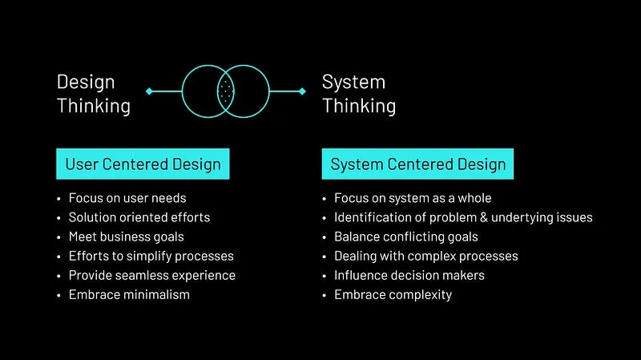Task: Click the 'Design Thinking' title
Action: click(x=93, y=94)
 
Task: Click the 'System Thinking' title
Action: click(x=358, y=94)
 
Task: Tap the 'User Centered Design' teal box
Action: click(x=143, y=164)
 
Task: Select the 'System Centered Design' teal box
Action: click(x=417, y=164)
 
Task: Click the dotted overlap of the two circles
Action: click(x=226, y=91)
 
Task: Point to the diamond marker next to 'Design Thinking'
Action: click(x=149, y=91)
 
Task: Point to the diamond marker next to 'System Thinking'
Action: click(x=302, y=91)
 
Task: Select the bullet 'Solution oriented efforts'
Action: click(x=139, y=217)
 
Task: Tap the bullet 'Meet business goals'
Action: click(x=126, y=237)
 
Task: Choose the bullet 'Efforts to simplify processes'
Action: click(x=151, y=256)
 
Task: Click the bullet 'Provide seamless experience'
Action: click(x=151, y=275)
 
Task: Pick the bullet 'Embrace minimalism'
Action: click(x=129, y=294)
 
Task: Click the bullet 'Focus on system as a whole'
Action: click(x=413, y=198)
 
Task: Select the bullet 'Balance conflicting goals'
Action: click(x=405, y=237)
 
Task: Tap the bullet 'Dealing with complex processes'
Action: click(x=425, y=256)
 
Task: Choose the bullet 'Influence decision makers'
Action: click(x=409, y=275)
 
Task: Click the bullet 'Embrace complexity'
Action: click(x=393, y=294)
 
